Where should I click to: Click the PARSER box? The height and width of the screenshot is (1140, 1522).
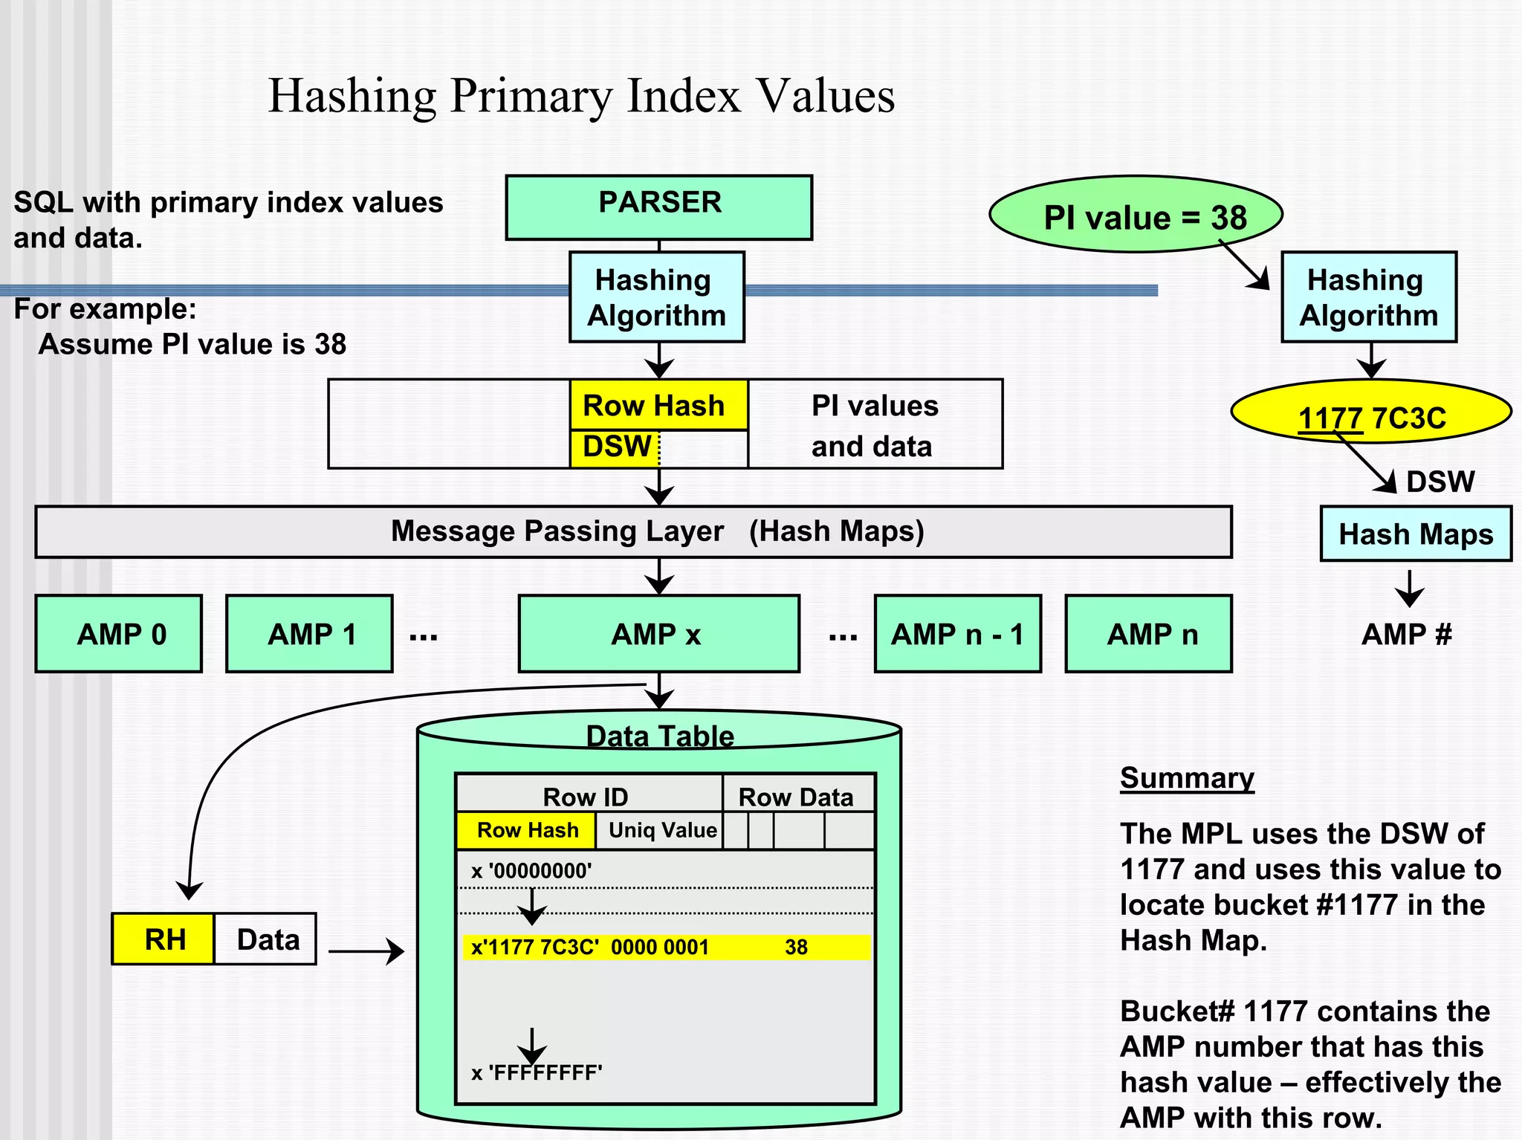pyautogui.click(x=658, y=207)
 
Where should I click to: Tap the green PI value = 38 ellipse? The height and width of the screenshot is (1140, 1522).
pyautogui.click(x=1136, y=216)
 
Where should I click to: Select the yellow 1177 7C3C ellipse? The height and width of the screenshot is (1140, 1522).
pyautogui.click(x=1371, y=412)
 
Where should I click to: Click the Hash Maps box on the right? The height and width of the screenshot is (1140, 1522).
pyautogui.click(x=1415, y=534)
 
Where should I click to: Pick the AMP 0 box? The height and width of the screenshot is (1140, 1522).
pyautogui.click(x=119, y=634)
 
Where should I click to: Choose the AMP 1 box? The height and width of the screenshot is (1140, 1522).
pyautogui.click(x=309, y=634)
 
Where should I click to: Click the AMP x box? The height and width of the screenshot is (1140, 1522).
pyautogui.click(x=658, y=634)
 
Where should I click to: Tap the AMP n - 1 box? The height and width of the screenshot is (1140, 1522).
pyautogui.click(x=957, y=634)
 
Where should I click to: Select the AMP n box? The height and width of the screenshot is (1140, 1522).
pyautogui.click(x=1148, y=634)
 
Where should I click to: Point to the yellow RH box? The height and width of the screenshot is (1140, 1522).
pyautogui.click(x=163, y=939)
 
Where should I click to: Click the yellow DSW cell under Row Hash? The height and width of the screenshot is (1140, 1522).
pyautogui.click(x=615, y=448)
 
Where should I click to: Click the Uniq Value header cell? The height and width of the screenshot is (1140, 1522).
pyautogui.click(x=661, y=830)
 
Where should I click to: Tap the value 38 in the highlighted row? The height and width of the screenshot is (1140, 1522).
pyautogui.click(x=796, y=947)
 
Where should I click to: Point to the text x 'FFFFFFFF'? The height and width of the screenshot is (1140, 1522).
pyautogui.click(x=537, y=1073)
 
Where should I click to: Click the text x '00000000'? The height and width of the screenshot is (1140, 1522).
pyautogui.click(x=531, y=871)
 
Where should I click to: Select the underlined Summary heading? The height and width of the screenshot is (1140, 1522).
pyautogui.click(x=1187, y=778)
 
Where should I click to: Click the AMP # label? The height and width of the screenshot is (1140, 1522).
pyautogui.click(x=1406, y=634)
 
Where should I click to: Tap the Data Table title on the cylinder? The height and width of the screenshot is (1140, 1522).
pyautogui.click(x=660, y=736)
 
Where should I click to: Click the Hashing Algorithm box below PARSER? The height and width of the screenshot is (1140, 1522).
pyautogui.click(x=657, y=297)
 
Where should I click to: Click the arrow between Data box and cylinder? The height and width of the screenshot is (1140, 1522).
pyautogui.click(x=366, y=950)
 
